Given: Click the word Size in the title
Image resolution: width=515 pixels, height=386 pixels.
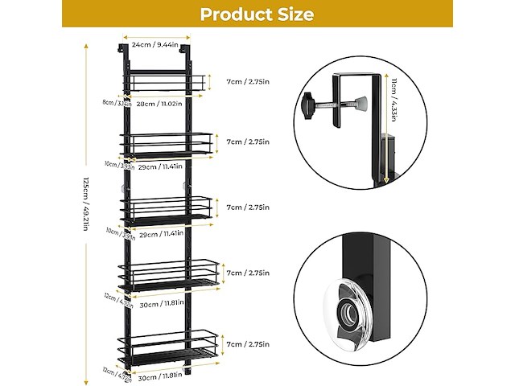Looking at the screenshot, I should click(293, 14).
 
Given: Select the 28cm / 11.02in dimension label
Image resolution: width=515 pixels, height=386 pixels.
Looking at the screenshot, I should click(157, 104).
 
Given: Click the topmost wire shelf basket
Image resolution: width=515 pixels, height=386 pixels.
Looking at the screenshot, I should click(165, 83).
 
